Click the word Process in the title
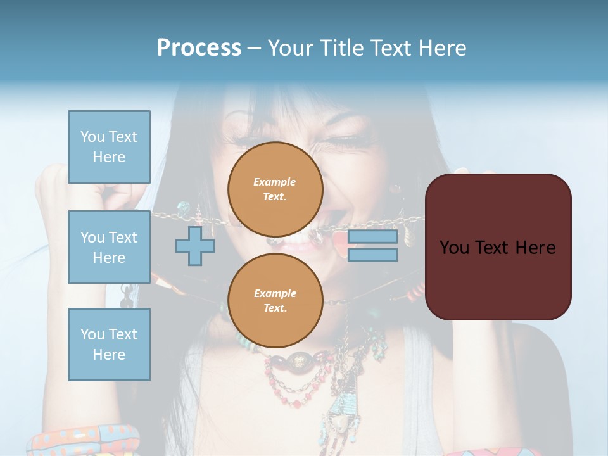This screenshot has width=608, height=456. click(199, 48)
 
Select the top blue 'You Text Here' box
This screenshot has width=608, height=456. click(109, 147)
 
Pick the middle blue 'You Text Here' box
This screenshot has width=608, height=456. click(109, 247)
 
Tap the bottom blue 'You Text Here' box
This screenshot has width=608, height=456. click(109, 345)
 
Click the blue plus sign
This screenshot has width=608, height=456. click(195, 246)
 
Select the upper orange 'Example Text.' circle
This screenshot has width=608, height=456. click(275, 189)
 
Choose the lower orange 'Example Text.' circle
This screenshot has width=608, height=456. click(275, 301)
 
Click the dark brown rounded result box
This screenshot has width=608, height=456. click(498, 246)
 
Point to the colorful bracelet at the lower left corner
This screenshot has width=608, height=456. click(82, 440)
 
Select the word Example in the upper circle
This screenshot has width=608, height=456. click(274, 182)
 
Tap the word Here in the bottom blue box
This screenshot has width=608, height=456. click(109, 355)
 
